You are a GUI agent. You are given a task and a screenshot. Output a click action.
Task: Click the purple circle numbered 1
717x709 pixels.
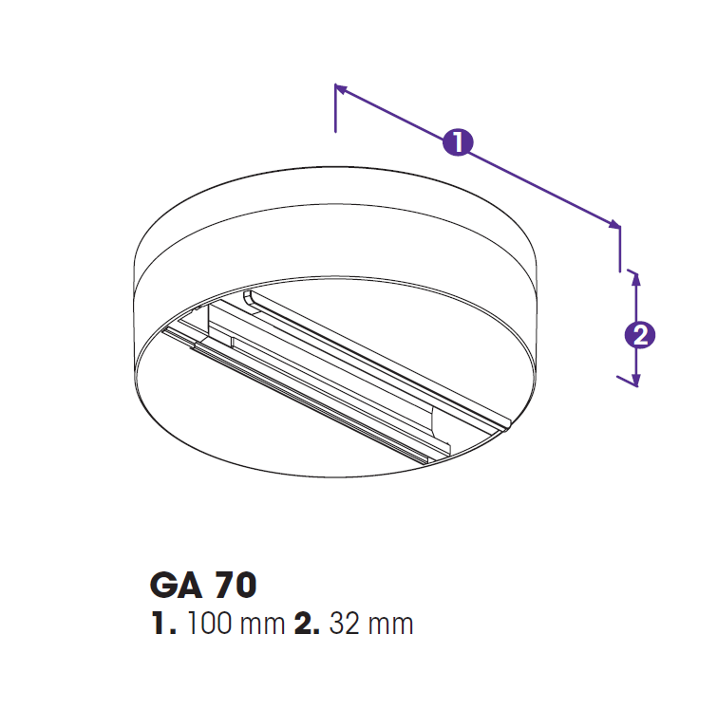point(458,141)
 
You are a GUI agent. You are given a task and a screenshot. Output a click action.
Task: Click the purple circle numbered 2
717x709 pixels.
point(640,335)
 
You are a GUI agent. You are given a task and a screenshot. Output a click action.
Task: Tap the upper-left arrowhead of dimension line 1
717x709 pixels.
point(341,87)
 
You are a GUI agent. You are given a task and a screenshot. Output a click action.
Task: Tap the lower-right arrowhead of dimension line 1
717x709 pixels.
point(614,224)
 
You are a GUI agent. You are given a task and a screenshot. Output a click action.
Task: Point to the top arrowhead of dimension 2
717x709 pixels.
point(635,280)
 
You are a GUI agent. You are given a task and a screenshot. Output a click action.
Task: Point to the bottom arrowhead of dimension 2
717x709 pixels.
point(635,381)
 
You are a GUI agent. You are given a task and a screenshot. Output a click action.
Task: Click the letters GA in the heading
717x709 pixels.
point(176,585)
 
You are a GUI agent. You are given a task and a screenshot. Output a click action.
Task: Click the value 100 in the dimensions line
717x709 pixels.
point(210,623)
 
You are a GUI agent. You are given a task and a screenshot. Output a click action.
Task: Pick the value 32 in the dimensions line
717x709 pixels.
point(345,623)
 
